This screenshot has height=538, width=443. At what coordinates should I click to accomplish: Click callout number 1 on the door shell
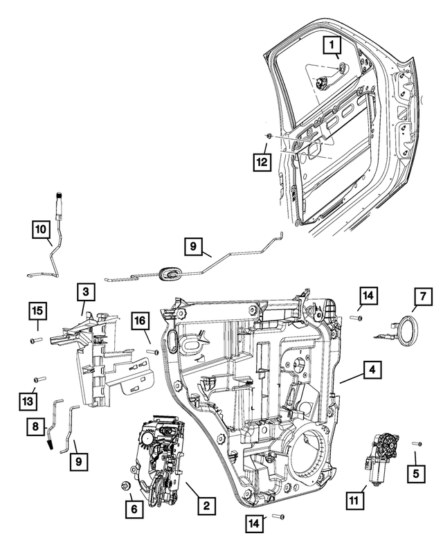pyautogui.click(x=334, y=48)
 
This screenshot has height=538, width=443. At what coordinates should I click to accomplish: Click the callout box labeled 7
pyautogui.click(x=423, y=298)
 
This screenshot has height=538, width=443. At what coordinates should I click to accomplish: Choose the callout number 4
pyautogui.click(x=372, y=371)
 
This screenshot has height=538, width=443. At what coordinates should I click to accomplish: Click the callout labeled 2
pyautogui.click(x=205, y=506)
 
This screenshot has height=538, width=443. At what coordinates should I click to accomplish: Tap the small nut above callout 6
pyautogui.click(x=126, y=485)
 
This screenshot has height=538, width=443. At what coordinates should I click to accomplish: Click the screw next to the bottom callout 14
pyautogui.click(x=278, y=517)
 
